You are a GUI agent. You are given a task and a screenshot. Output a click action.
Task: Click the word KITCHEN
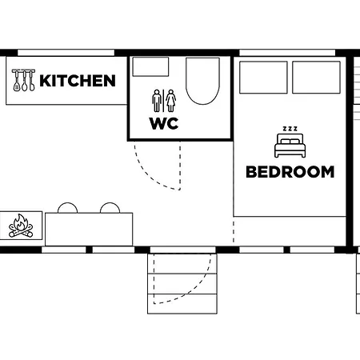tap(78, 81)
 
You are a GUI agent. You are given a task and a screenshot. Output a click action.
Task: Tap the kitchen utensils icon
tap(24, 81)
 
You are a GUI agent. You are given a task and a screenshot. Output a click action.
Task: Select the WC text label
tap(163, 124)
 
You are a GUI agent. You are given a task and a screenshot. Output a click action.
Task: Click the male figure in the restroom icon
tap(157, 101)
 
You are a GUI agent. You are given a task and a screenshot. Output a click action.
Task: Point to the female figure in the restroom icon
tap(170, 101)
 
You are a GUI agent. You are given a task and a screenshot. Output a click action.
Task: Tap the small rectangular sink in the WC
tap(150, 66)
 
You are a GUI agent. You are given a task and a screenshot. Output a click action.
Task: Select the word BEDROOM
tap(290, 171)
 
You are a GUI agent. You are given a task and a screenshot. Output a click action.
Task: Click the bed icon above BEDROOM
tap(290, 146)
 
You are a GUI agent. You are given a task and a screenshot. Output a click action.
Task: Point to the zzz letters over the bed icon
tap(290, 128)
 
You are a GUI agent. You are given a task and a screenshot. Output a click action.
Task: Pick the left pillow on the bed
tap(264, 78)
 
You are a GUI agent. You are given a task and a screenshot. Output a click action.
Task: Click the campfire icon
tap(22, 226)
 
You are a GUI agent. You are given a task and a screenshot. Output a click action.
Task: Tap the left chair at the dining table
tap(67, 208)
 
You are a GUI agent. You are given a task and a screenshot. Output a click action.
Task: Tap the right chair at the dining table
tap(110, 208)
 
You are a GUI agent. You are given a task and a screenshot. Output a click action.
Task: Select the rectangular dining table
tap(88, 229)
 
